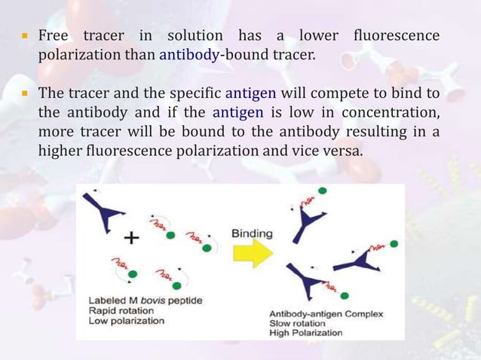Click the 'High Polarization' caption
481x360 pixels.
[x=305, y=332]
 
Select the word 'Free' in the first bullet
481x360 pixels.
[x=54, y=35]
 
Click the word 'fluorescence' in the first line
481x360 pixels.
[x=396, y=35]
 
